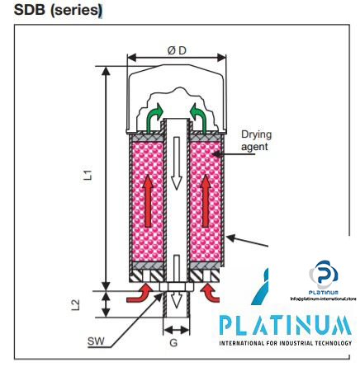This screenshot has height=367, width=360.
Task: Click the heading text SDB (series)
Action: click(58, 11)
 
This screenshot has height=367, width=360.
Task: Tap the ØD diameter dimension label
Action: click(177, 50)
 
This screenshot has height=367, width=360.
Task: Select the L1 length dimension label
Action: click(87, 175)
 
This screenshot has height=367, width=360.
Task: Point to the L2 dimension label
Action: click(76, 303)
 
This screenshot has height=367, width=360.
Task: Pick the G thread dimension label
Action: click(173, 341)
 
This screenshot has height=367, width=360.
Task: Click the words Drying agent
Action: click(255, 140)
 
